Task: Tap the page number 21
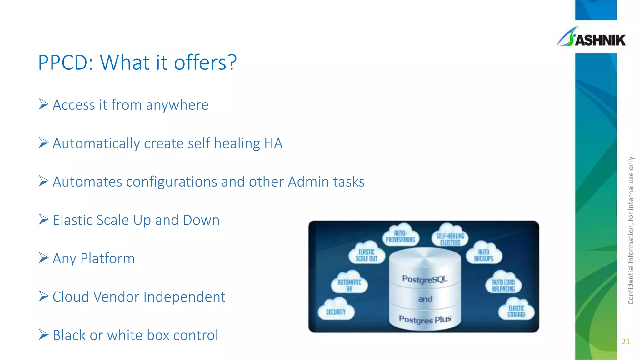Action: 626,342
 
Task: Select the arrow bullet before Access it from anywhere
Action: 43,104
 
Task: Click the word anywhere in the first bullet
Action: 177,105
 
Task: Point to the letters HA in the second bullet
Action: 273,143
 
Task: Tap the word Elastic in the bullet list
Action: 73,220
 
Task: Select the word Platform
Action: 107,259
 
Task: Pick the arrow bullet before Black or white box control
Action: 43,335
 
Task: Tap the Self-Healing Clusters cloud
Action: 450,239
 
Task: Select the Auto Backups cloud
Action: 483,255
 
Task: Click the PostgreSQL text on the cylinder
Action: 425,279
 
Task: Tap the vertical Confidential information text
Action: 631,231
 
